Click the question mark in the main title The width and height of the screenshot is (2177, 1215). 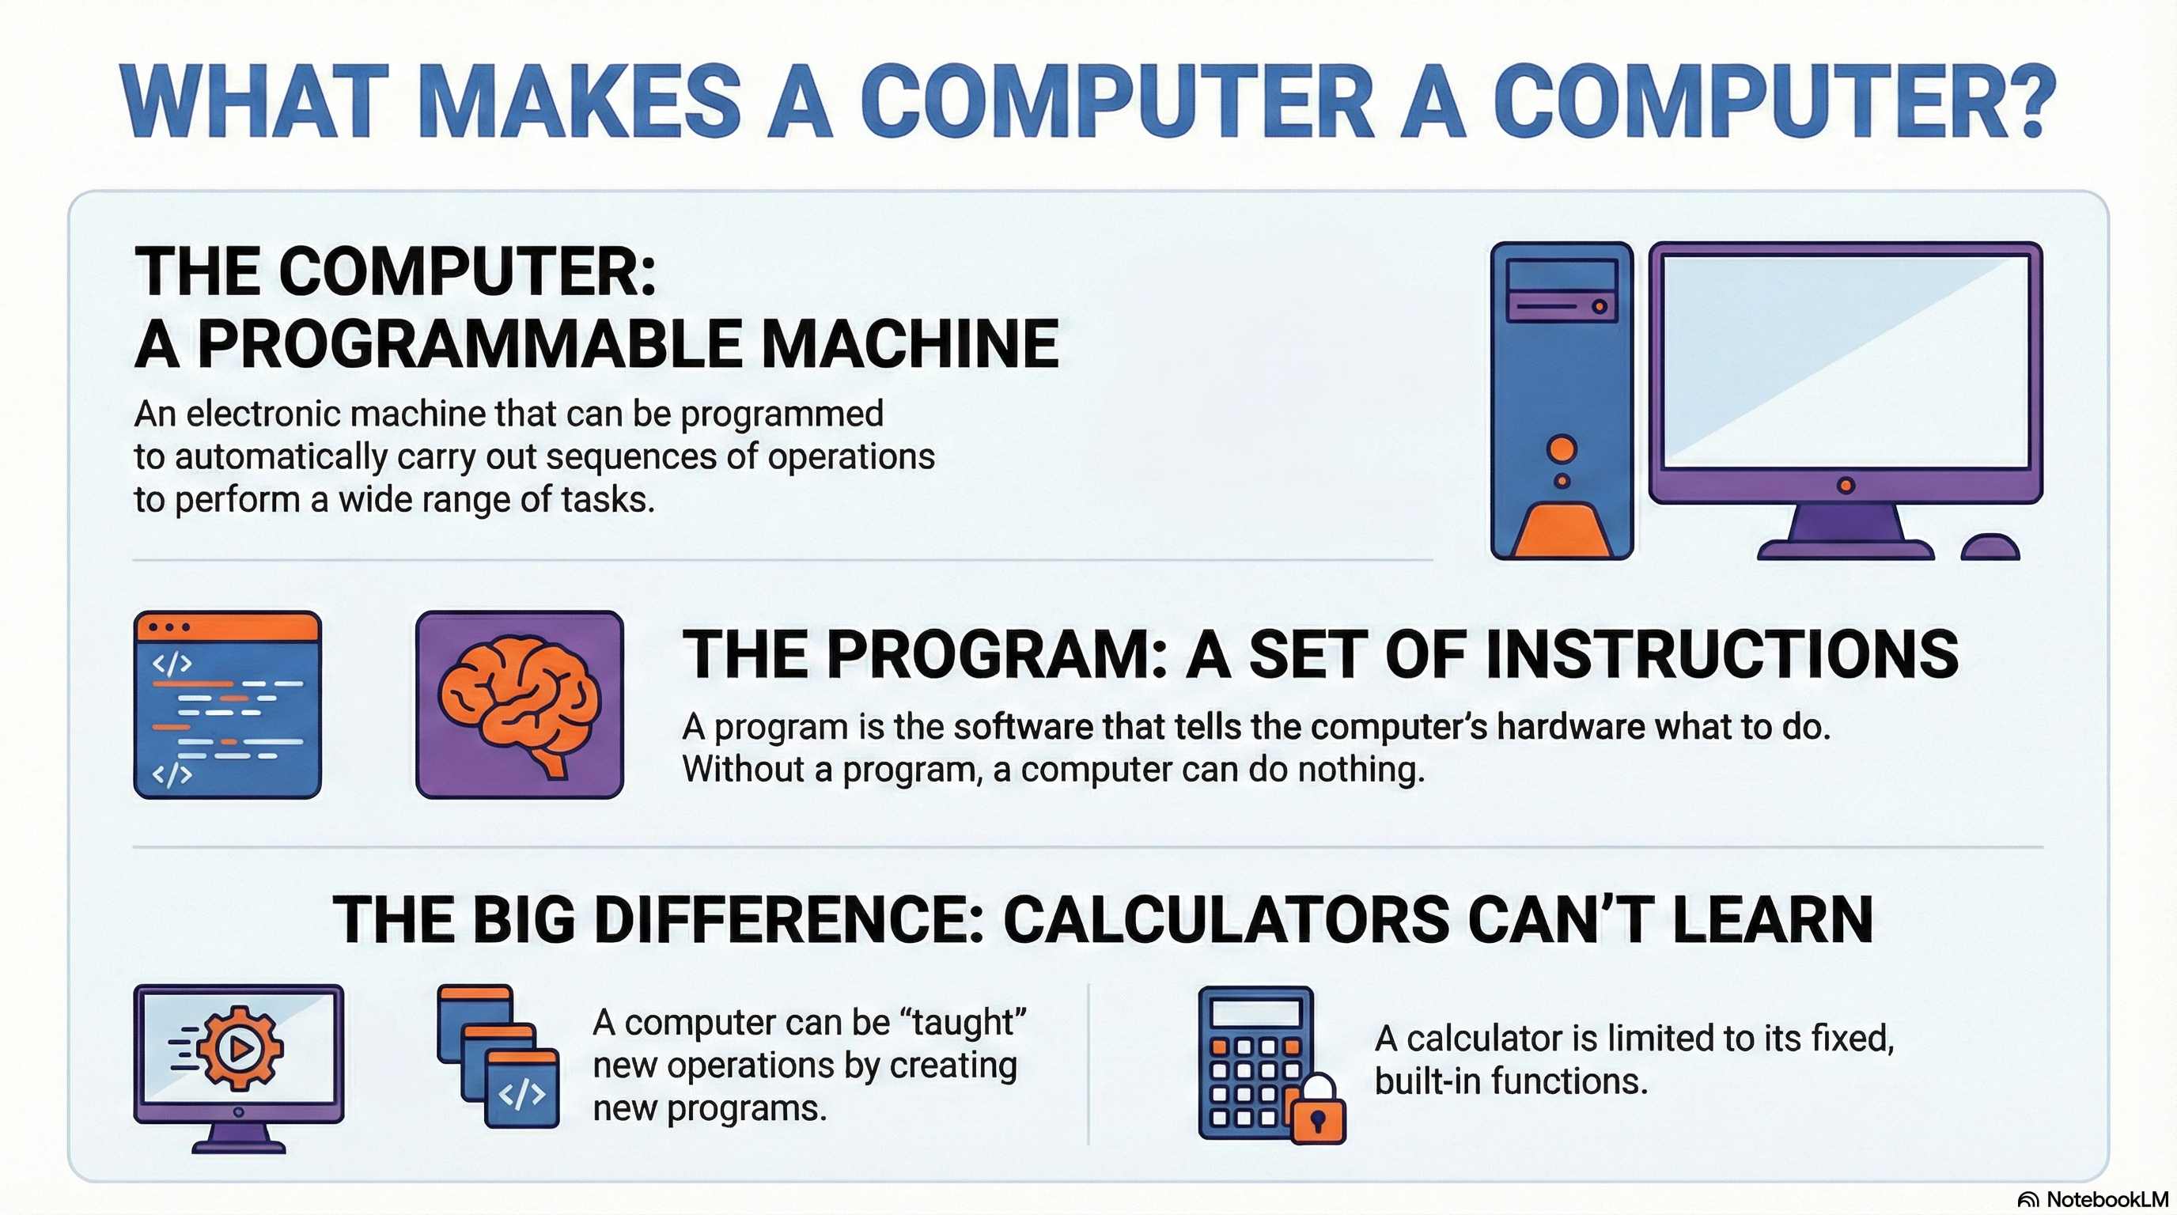pyautogui.click(x=2020, y=100)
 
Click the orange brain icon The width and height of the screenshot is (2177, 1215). pyautogui.click(x=519, y=704)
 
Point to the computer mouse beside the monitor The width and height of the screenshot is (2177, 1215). pyautogui.click(x=1990, y=547)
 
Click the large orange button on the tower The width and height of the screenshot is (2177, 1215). pyautogui.click(x=1562, y=449)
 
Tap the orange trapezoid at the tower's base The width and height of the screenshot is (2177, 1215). pyautogui.click(x=1562, y=529)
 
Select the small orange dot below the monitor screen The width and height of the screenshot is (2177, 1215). pyautogui.click(x=1846, y=485)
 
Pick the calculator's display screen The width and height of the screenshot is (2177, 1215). pyautogui.click(x=1256, y=1012)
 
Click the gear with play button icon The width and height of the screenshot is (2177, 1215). pyautogui.click(x=239, y=1049)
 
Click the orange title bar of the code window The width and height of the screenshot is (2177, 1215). pyautogui.click(x=228, y=627)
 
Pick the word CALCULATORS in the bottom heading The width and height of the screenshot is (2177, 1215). pyautogui.click(x=1225, y=919)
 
